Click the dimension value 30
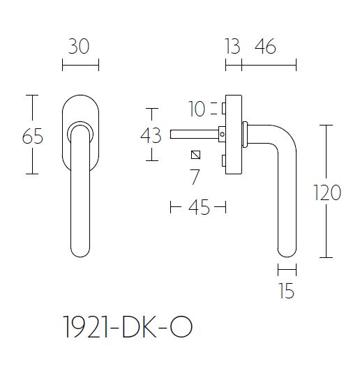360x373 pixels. point(80,47)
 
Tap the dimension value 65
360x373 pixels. point(33,137)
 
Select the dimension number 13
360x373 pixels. point(232,47)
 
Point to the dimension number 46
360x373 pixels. point(265,47)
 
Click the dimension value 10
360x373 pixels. point(197,109)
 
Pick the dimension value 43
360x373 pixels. point(151,135)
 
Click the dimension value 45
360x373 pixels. point(199,208)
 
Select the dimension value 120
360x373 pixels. point(327,192)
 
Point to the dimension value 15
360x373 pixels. point(286,290)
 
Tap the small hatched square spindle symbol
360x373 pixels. point(196,155)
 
